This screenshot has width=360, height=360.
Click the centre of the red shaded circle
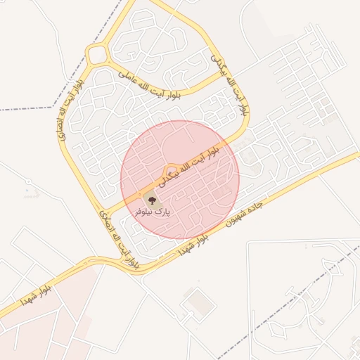pos(180,179)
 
